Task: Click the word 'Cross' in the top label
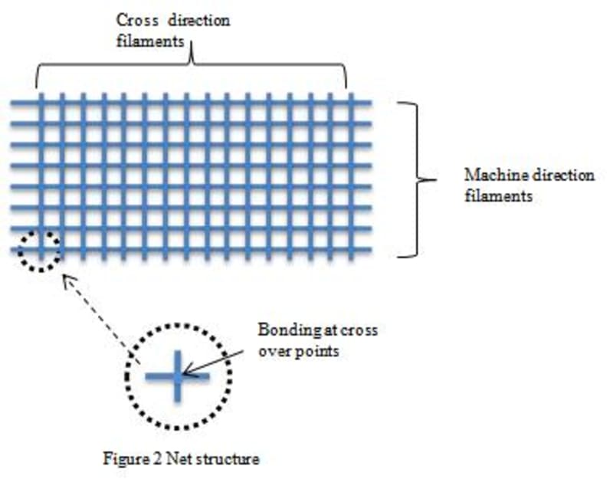133,20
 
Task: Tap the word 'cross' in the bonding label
360,331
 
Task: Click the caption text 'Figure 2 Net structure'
181,460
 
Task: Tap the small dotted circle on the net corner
39,251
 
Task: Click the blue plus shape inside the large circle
177,376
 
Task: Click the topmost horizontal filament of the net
192,103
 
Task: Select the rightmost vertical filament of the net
351,176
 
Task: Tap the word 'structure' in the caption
230,460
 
